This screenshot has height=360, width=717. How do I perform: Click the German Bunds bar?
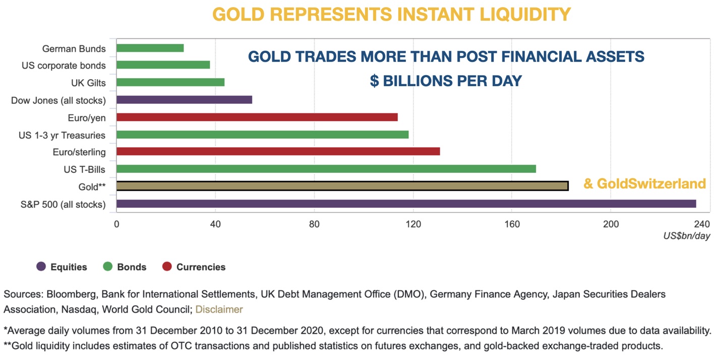pyautogui.click(x=150, y=48)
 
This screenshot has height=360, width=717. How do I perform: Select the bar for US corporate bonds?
pyautogui.click(x=163, y=65)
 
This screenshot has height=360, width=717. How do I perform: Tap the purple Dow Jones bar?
pyautogui.click(x=184, y=100)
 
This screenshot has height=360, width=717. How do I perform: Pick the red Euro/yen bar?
pyautogui.click(x=257, y=117)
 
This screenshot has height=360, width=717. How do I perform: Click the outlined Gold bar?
pyautogui.click(x=342, y=186)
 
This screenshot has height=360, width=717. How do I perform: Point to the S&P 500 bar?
pyautogui.click(x=406, y=204)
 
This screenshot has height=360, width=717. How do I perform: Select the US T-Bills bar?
pyautogui.click(x=326, y=169)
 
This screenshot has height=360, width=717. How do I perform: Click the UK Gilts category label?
pyautogui.click(x=88, y=83)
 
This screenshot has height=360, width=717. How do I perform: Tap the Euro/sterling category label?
pyautogui.click(x=79, y=152)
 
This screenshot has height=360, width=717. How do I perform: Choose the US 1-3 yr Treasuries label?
pyautogui.click(x=62, y=135)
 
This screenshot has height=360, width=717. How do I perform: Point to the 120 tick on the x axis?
pyautogui.click(x=413, y=224)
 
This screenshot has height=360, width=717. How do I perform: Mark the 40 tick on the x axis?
pyautogui.click(x=215, y=224)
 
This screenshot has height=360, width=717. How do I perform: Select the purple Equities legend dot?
pyautogui.click(x=41, y=267)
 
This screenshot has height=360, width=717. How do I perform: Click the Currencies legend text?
pyautogui.click(x=201, y=267)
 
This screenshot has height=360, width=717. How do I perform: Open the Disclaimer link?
pyautogui.click(x=219, y=309)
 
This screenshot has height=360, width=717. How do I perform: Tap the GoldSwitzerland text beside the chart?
pyautogui.click(x=644, y=184)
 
